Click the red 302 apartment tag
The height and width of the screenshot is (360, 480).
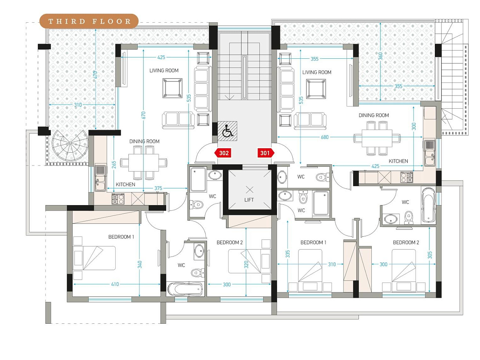(223, 153)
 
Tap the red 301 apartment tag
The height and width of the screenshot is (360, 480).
(266, 153)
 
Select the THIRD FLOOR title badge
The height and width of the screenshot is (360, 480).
(89, 21)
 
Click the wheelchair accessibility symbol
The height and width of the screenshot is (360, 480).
(228, 131)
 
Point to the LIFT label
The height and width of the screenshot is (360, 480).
(249, 200)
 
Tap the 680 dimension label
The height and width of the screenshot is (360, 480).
(324, 137)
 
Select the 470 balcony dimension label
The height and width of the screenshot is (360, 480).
(95, 75)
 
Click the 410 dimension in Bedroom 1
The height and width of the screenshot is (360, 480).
(115, 284)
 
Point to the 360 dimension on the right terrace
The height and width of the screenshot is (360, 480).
(381, 56)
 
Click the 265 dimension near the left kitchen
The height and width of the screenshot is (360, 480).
(114, 165)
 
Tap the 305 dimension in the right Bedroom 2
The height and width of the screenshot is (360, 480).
(430, 255)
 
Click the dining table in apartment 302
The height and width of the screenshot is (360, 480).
(144, 163)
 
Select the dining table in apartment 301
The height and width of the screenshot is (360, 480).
(377, 138)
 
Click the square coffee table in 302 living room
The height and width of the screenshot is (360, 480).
(172, 88)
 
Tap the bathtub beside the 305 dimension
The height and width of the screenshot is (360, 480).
(429, 205)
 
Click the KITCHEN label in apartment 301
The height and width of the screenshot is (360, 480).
(398, 161)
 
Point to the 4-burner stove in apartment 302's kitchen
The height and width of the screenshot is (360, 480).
(118, 199)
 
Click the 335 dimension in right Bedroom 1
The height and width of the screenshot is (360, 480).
(288, 254)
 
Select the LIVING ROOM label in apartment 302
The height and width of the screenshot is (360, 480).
(164, 70)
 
